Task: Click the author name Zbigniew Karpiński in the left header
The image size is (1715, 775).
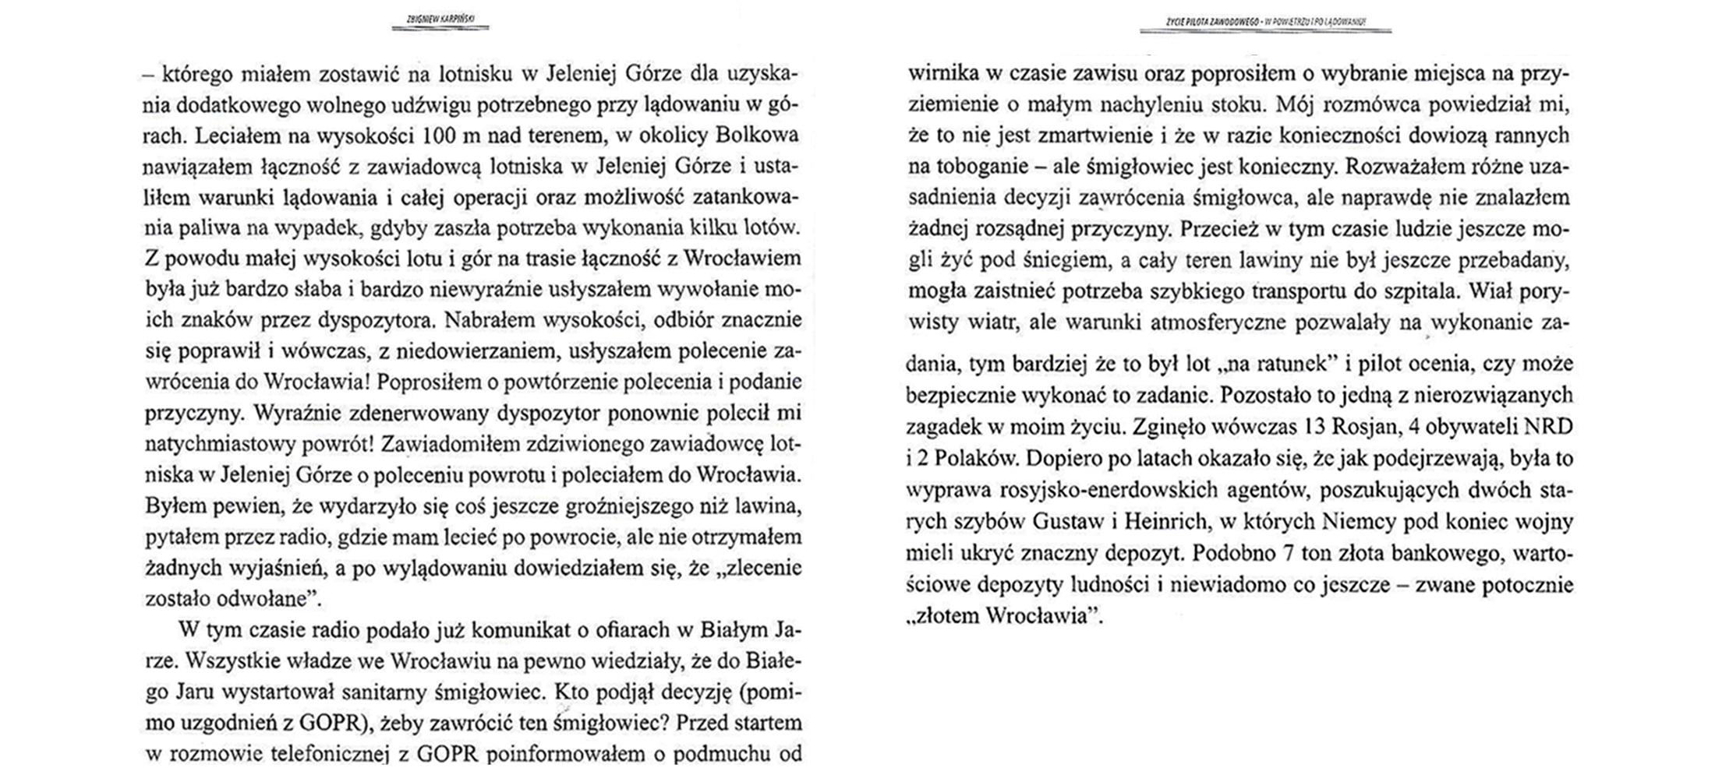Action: tap(440, 19)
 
